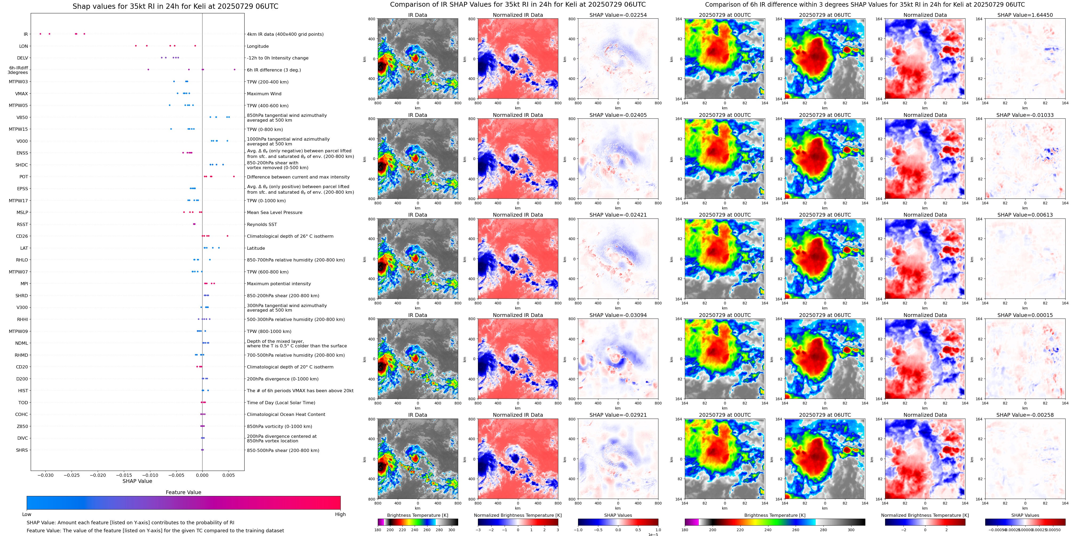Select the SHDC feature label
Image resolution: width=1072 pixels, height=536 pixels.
[x=22, y=165]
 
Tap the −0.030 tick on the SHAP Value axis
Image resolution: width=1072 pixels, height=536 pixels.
[x=46, y=475]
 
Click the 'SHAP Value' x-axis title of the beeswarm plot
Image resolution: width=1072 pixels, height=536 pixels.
[x=137, y=481]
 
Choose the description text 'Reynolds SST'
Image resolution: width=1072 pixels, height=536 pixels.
[x=262, y=225]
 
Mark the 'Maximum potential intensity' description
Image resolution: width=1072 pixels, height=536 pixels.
[x=279, y=284]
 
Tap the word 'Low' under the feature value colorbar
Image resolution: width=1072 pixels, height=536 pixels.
[x=27, y=514]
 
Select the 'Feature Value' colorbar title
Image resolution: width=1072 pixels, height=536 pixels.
[x=183, y=492]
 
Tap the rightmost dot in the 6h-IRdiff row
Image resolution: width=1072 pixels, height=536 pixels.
[x=235, y=69]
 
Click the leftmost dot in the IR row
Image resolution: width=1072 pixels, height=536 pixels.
[x=40, y=34]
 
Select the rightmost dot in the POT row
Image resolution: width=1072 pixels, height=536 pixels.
[x=234, y=177]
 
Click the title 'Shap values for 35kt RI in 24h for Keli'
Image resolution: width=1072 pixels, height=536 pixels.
[x=175, y=6]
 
